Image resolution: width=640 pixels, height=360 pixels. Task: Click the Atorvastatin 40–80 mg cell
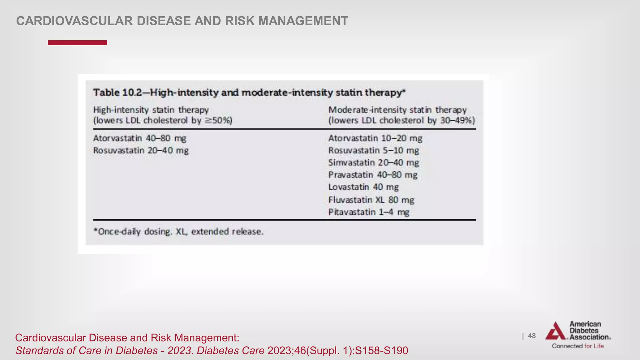coord(140,138)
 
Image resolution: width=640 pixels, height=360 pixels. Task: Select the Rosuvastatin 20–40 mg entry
coord(141,150)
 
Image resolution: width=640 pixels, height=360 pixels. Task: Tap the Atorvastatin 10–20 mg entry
coord(375,138)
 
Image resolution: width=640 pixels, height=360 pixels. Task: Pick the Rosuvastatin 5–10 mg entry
coord(373,150)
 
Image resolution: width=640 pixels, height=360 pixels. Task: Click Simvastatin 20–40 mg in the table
coord(373,162)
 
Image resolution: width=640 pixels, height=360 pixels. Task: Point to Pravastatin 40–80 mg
coord(373,175)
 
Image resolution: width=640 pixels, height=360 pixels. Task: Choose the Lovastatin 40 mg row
coord(363,187)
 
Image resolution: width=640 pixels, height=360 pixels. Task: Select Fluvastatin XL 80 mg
coord(371,200)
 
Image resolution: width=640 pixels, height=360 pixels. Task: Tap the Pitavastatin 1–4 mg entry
coord(369,212)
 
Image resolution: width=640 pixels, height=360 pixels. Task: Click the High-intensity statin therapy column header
coord(151,110)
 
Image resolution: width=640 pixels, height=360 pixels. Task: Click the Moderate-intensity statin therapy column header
coord(397,110)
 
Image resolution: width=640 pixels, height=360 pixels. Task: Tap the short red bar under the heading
coord(77,43)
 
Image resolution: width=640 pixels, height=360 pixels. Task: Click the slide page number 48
coord(532,336)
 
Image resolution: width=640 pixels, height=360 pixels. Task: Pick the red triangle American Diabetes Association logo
coord(555,331)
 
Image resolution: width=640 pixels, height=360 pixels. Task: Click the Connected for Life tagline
coord(578,346)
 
